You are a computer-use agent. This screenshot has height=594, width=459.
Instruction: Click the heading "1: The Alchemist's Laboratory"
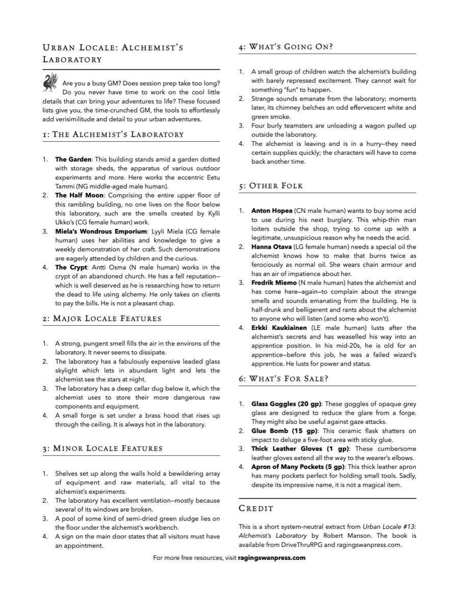click(x=113, y=135)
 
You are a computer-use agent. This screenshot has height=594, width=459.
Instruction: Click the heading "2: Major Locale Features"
click(x=102, y=319)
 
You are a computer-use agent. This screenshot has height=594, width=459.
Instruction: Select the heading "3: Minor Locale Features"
click(x=103, y=449)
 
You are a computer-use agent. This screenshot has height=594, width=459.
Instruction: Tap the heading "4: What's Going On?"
click(x=286, y=47)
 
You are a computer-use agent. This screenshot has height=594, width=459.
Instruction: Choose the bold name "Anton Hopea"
click(x=272, y=211)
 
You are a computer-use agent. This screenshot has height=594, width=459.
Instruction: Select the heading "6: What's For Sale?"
click(x=283, y=379)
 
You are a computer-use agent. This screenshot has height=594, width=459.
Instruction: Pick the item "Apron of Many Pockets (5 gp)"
click(x=298, y=467)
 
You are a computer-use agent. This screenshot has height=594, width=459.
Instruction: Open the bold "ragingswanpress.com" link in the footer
click(x=272, y=558)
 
